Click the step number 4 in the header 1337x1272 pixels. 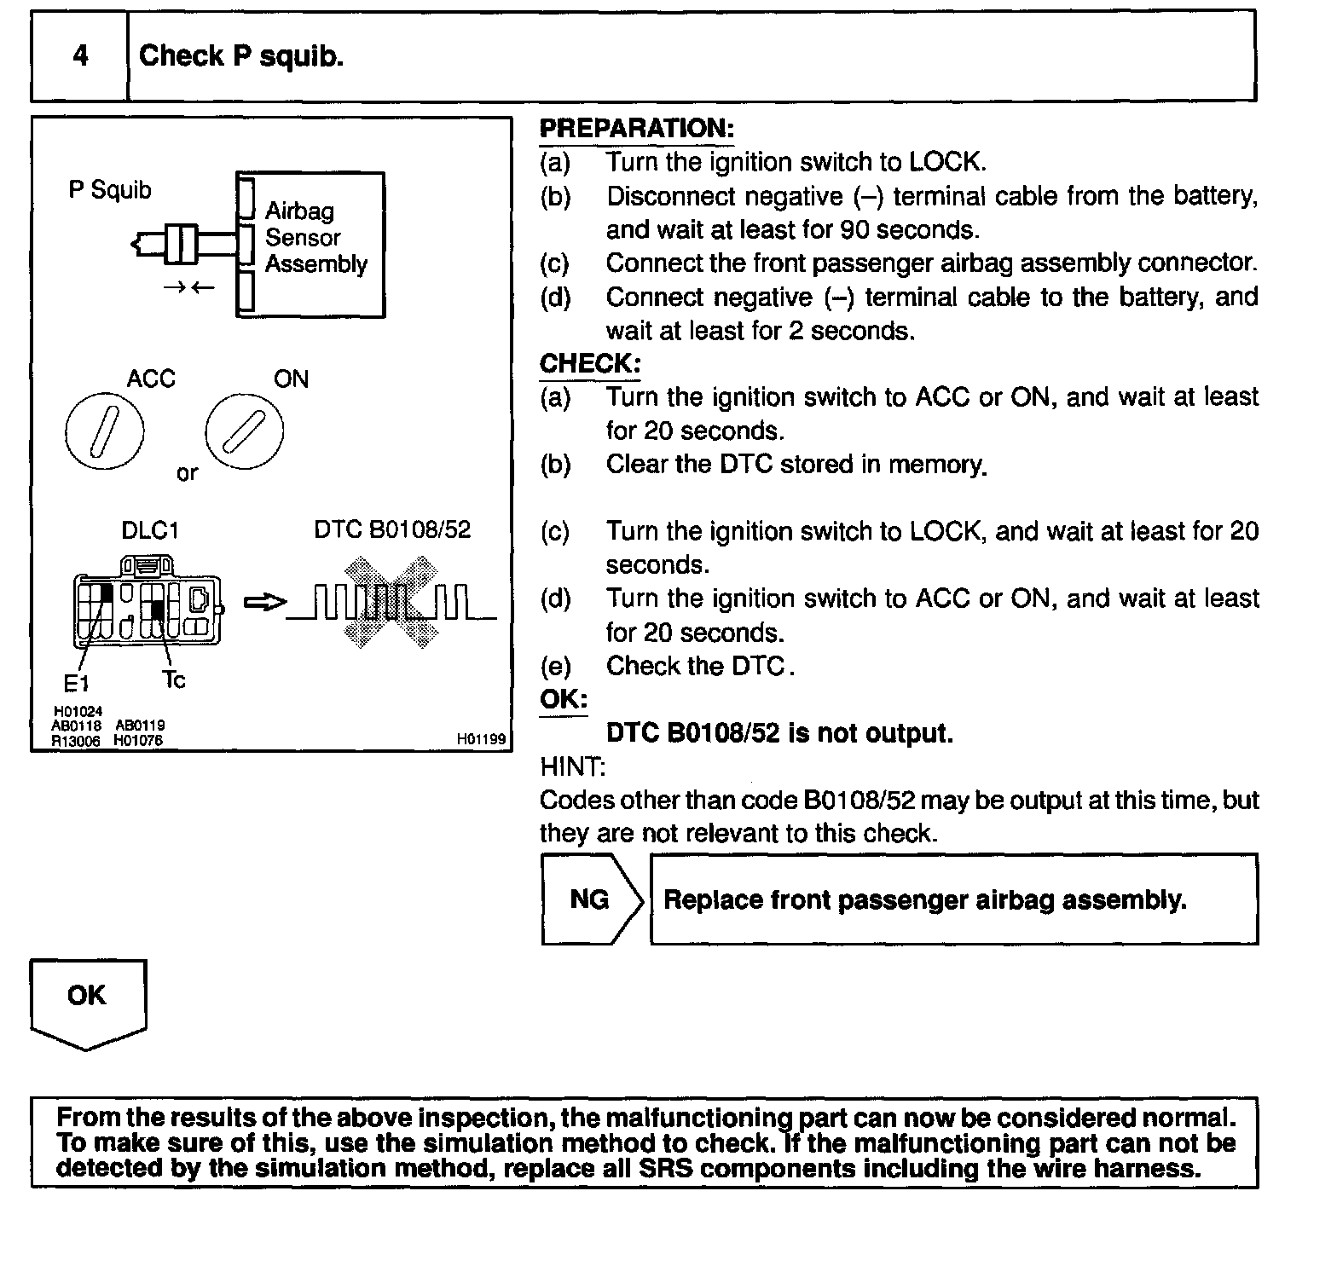(80, 56)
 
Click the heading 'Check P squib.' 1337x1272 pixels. (240, 56)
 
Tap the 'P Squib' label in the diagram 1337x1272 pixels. (109, 189)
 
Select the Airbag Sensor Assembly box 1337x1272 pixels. (311, 245)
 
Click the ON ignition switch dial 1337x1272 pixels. (244, 433)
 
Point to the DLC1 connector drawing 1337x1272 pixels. (148, 601)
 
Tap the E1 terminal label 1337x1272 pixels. (76, 682)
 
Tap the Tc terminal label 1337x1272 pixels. (173, 679)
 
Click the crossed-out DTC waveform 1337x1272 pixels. (391, 602)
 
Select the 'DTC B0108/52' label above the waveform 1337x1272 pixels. (392, 529)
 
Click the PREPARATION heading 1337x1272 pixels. (636, 129)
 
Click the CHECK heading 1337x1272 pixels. (589, 364)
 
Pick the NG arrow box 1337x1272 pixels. (591, 899)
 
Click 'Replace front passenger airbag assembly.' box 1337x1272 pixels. (953, 899)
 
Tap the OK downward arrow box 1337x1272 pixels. (88, 1002)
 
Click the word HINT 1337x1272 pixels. (571, 766)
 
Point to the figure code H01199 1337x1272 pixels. (480, 740)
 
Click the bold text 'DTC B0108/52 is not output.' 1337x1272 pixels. (779, 733)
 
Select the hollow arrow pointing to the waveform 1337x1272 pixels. (265, 603)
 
